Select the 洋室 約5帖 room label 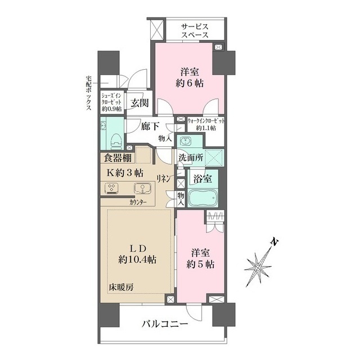pyautogui.click(x=200, y=259)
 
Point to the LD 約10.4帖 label pyautogui.click(x=137, y=254)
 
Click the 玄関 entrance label pyautogui.click(x=139, y=103)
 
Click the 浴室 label pyautogui.click(x=202, y=179)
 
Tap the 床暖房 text pyautogui.click(x=121, y=287)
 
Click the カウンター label pyautogui.click(x=138, y=202)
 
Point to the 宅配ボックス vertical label pyautogui.click(x=88, y=93)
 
